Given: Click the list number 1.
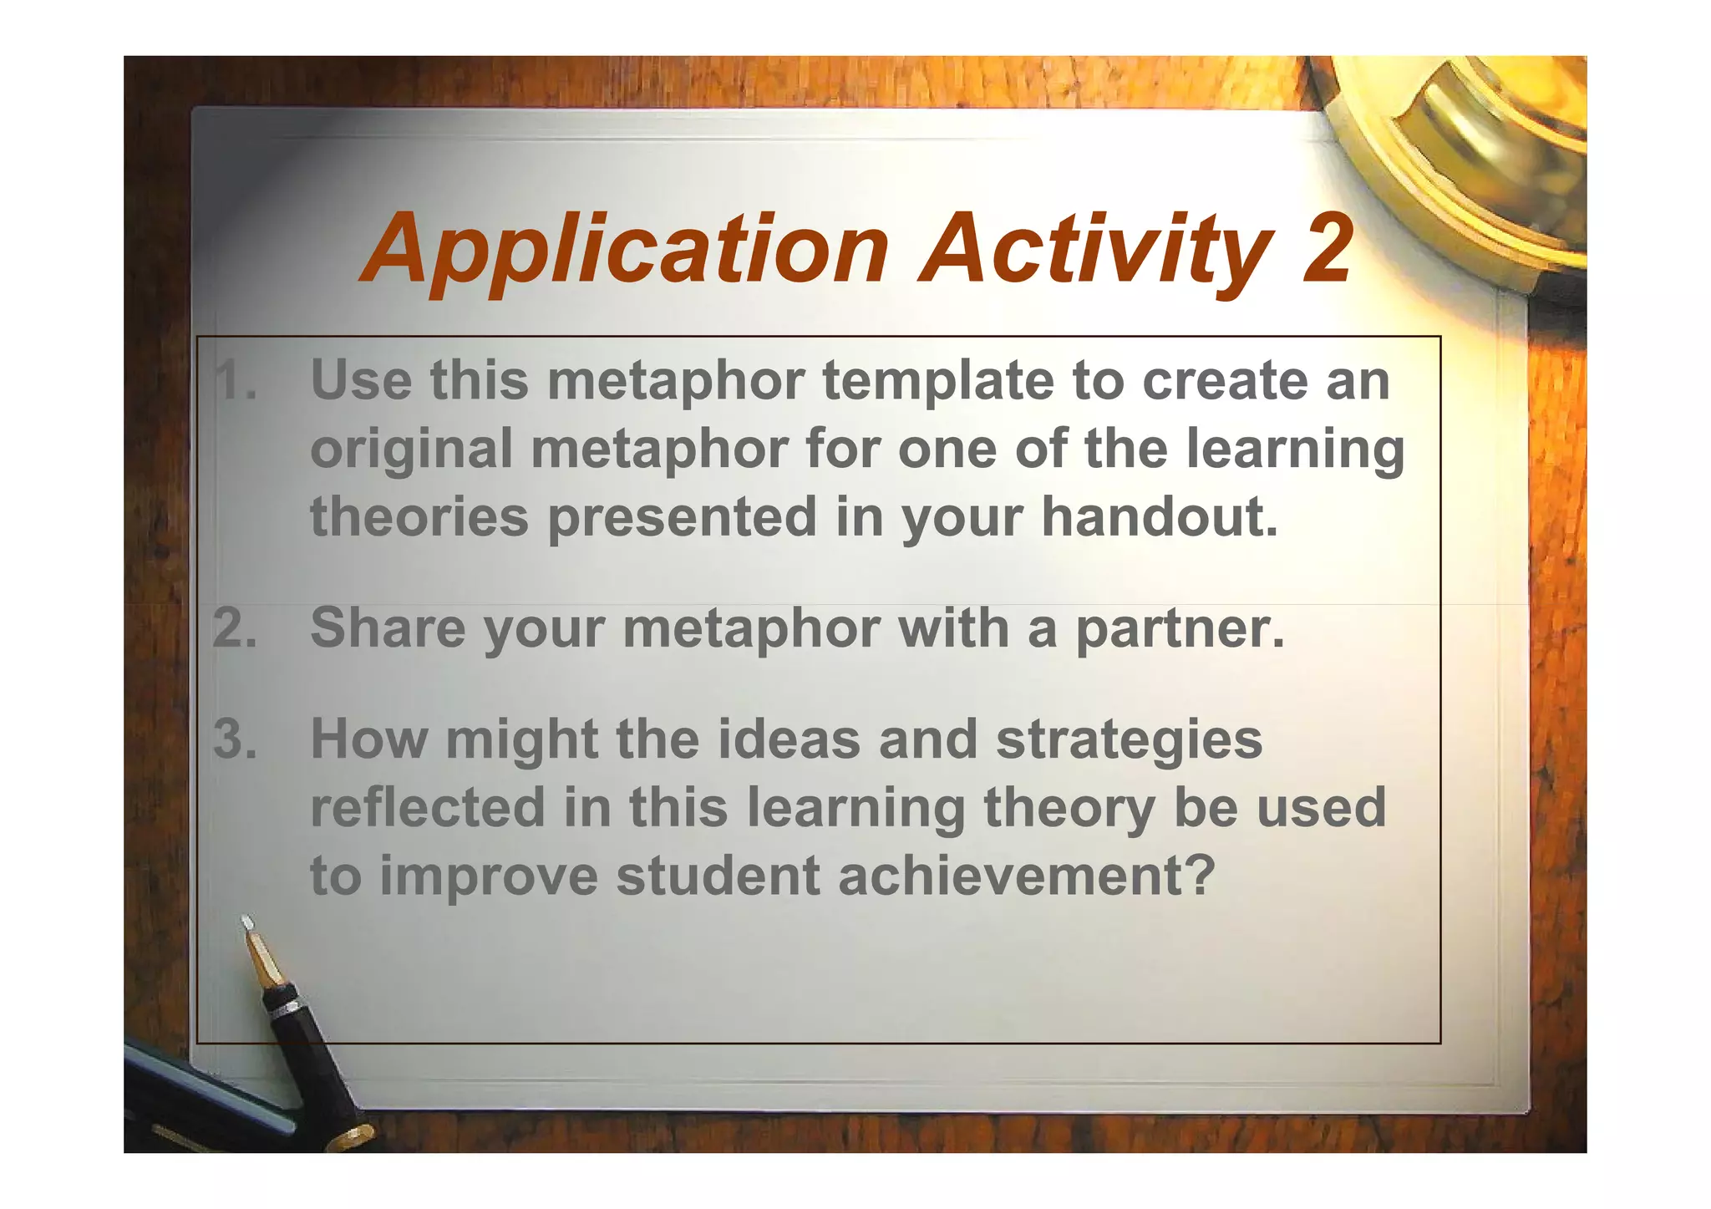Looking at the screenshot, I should point(233,381).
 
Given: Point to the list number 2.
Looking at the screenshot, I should point(235,627).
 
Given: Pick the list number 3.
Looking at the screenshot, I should point(235,739).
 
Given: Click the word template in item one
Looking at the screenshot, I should point(938,381).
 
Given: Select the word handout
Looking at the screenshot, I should point(1160,517).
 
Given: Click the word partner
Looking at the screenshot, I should point(1179,629).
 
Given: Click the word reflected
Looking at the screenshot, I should point(427,808).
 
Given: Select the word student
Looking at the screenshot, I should point(718,876).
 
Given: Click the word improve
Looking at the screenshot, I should point(489,877).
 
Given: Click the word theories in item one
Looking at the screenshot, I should point(419,517).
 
